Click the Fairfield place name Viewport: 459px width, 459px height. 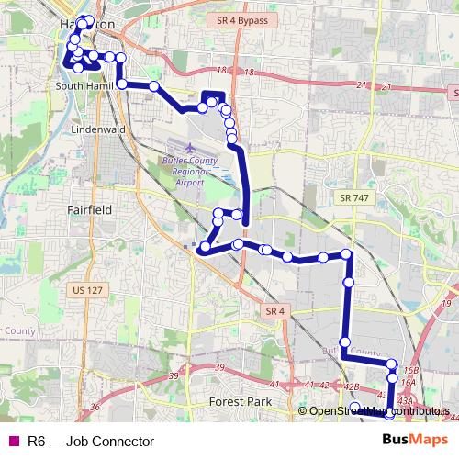90,210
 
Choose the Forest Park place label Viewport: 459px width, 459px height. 235,402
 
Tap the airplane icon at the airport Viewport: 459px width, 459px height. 190,148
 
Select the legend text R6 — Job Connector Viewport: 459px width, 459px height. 90,442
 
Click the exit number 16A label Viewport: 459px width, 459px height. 409,381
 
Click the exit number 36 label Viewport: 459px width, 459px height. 94,408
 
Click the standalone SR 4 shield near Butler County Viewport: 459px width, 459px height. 273,312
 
